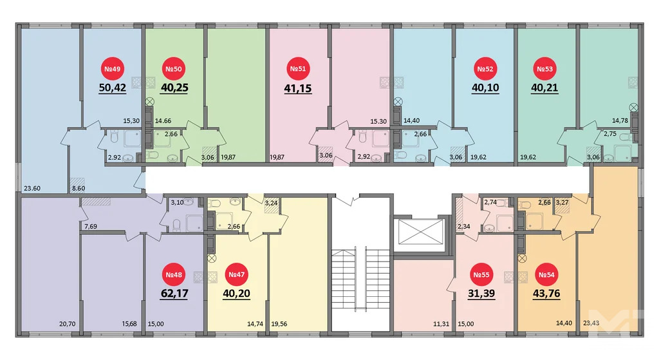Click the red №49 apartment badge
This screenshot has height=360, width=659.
(113, 69)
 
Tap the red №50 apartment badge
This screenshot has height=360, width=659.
(174, 69)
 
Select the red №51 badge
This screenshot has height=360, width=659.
(297, 69)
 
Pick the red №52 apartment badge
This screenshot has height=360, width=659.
(483, 69)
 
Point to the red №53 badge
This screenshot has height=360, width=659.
(545, 69)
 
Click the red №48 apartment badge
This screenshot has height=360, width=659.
(174, 276)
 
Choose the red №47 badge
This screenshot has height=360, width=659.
(236, 276)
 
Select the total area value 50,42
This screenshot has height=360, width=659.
(113, 88)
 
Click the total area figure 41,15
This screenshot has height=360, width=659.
(297, 88)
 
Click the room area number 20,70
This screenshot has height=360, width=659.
(66, 325)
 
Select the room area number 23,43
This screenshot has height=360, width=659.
(589, 325)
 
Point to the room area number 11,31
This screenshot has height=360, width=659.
(441, 325)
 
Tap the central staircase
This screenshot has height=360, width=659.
(360, 283)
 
